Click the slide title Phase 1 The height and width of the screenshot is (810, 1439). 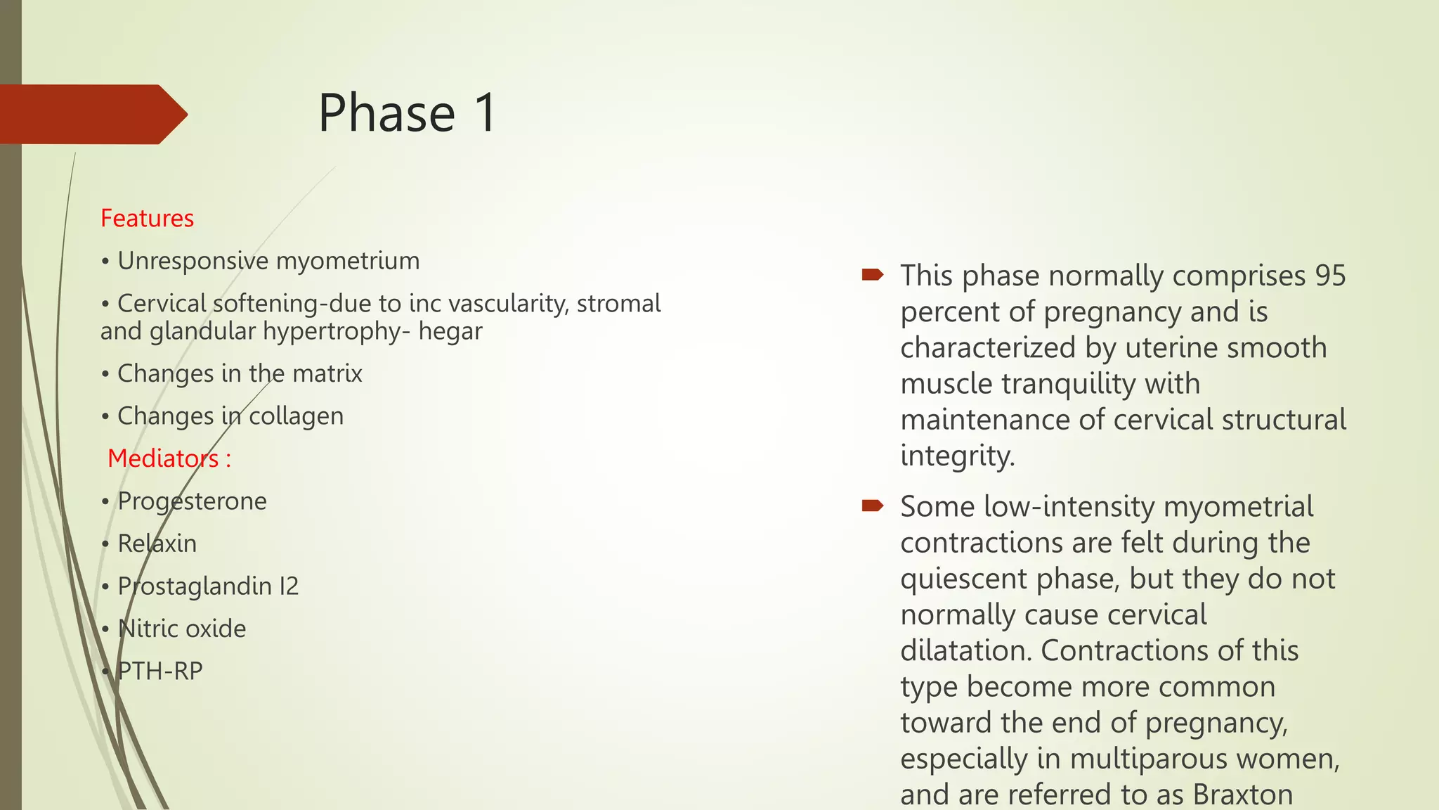[x=407, y=113]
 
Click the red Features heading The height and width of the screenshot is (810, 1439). [x=147, y=218]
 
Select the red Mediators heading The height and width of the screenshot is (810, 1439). [x=169, y=458]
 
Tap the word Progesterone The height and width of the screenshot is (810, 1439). [x=192, y=501]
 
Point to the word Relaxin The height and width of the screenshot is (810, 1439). [x=157, y=544]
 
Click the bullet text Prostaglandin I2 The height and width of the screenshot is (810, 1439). [x=208, y=586]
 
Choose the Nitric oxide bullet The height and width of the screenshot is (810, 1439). [x=182, y=629]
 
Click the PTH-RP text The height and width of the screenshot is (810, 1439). [x=160, y=671]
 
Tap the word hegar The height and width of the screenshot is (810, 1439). [x=450, y=330]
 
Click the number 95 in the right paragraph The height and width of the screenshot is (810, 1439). [x=1330, y=276]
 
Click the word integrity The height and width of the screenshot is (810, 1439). [x=957, y=456]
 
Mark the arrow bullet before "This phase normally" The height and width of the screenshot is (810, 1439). [x=872, y=274]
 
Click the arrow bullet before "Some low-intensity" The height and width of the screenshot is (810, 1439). [x=872, y=505]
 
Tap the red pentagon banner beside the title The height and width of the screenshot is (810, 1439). [x=91, y=114]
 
